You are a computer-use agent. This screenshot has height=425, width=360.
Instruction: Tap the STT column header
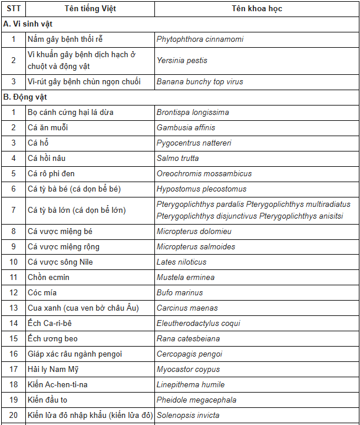(x=14, y=9)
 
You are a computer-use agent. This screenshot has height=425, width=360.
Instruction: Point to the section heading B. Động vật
(x=25, y=96)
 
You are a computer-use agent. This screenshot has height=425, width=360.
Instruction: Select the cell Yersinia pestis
(x=182, y=60)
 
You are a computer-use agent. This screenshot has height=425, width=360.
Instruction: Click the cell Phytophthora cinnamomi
(x=200, y=39)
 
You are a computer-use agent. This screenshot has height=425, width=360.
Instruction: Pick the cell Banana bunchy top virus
(x=200, y=81)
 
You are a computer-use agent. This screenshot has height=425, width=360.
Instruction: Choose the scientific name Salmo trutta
(x=177, y=158)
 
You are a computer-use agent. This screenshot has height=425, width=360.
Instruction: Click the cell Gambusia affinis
(x=186, y=127)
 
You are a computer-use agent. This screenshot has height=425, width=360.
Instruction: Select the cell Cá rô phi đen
(x=51, y=173)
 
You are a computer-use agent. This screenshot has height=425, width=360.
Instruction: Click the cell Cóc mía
(x=42, y=292)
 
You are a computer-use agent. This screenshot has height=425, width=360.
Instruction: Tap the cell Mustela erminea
(x=186, y=277)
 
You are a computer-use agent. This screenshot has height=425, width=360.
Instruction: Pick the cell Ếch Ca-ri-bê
(x=50, y=323)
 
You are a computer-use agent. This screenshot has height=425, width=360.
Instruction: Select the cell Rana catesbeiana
(x=188, y=338)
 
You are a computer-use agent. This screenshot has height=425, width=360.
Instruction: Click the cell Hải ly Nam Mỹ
(x=53, y=369)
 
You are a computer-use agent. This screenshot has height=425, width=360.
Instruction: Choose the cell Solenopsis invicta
(x=188, y=415)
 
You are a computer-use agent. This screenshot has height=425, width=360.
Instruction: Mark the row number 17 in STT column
(x=14, y=369)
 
